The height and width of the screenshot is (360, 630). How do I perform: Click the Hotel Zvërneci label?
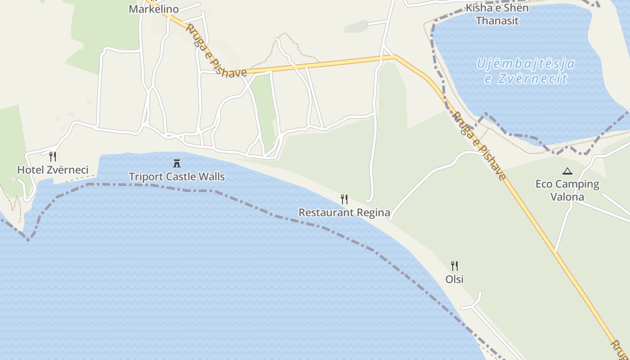[53, 170]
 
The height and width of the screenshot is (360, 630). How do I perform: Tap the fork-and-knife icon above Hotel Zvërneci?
[53, 157]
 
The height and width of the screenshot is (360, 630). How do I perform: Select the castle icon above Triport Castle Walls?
[177, 163]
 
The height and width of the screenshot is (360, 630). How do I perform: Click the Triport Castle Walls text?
[177, 177]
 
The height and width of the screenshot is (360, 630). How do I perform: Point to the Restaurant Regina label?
[344, 212]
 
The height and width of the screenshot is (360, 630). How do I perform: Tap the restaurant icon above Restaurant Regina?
[344, 199]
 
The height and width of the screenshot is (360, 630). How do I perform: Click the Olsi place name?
[454, 279]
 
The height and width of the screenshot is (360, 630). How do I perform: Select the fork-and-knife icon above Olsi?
[454, 266]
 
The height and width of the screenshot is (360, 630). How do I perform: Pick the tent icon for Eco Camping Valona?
[567, 171]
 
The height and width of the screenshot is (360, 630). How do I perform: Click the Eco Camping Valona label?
[567, 190]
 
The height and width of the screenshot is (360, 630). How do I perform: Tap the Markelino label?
[153, 9]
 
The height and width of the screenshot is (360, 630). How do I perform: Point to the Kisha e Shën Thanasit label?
[497, 14]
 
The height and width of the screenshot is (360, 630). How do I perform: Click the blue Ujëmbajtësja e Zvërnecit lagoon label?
[526, 71]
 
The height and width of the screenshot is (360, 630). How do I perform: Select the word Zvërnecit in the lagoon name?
[533, 79]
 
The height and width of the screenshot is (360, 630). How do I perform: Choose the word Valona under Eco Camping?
[567, 197]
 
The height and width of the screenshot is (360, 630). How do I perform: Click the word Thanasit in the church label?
[497, 21]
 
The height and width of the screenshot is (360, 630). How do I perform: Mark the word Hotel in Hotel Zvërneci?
[28, 170]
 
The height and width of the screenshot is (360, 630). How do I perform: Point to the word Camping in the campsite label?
[577, 184]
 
